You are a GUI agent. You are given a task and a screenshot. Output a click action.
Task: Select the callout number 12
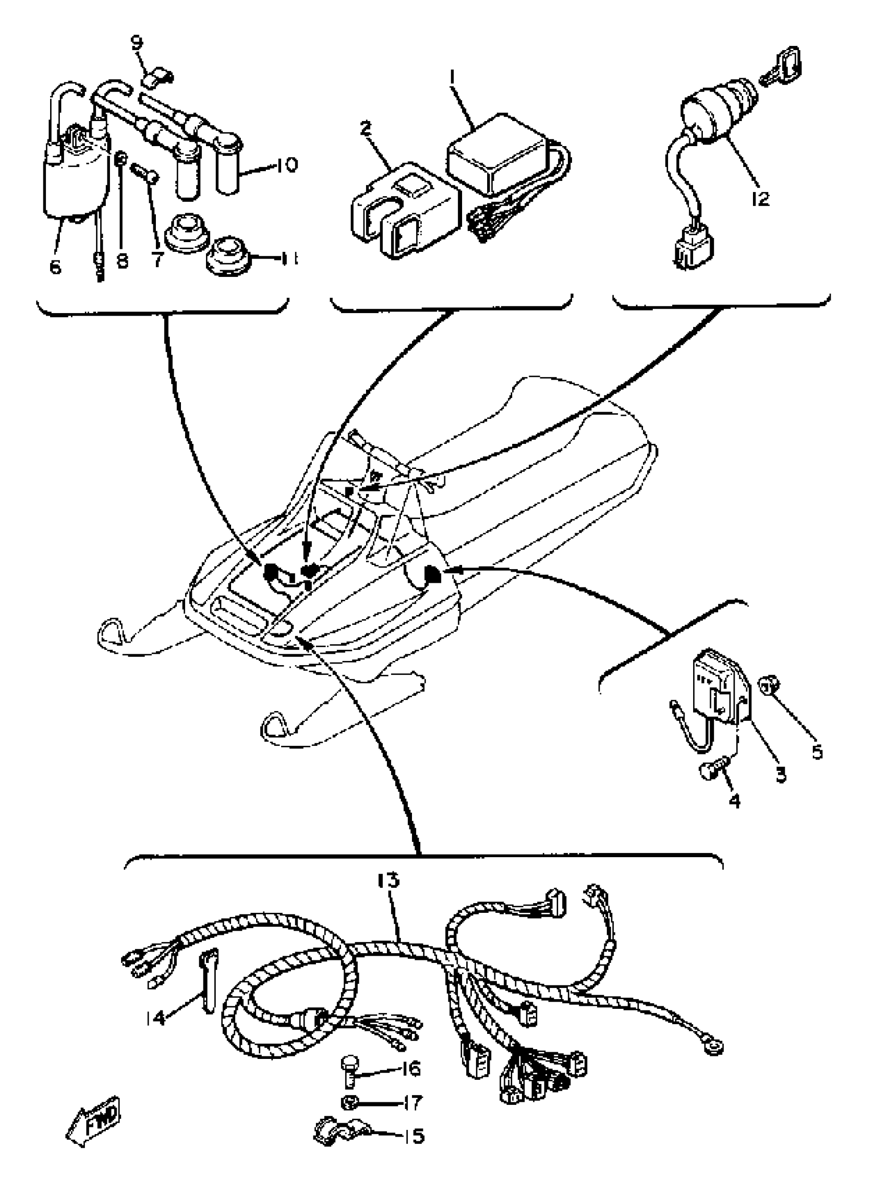760,199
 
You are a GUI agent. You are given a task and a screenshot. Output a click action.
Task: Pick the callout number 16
410,1068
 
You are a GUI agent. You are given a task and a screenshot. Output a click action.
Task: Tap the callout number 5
816,751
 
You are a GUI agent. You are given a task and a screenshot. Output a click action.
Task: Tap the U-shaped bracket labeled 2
400,210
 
